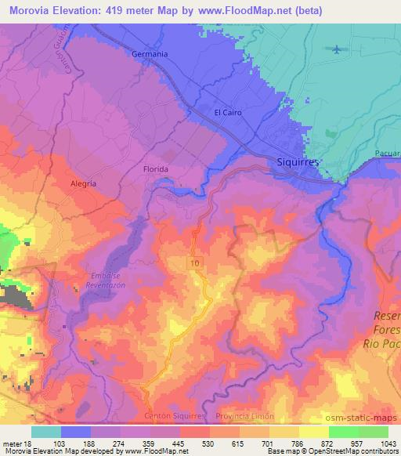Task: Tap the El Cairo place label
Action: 228,113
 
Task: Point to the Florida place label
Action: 156,168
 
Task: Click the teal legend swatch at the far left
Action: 46,432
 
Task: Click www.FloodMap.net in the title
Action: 224,10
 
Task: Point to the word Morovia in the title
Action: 29,10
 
